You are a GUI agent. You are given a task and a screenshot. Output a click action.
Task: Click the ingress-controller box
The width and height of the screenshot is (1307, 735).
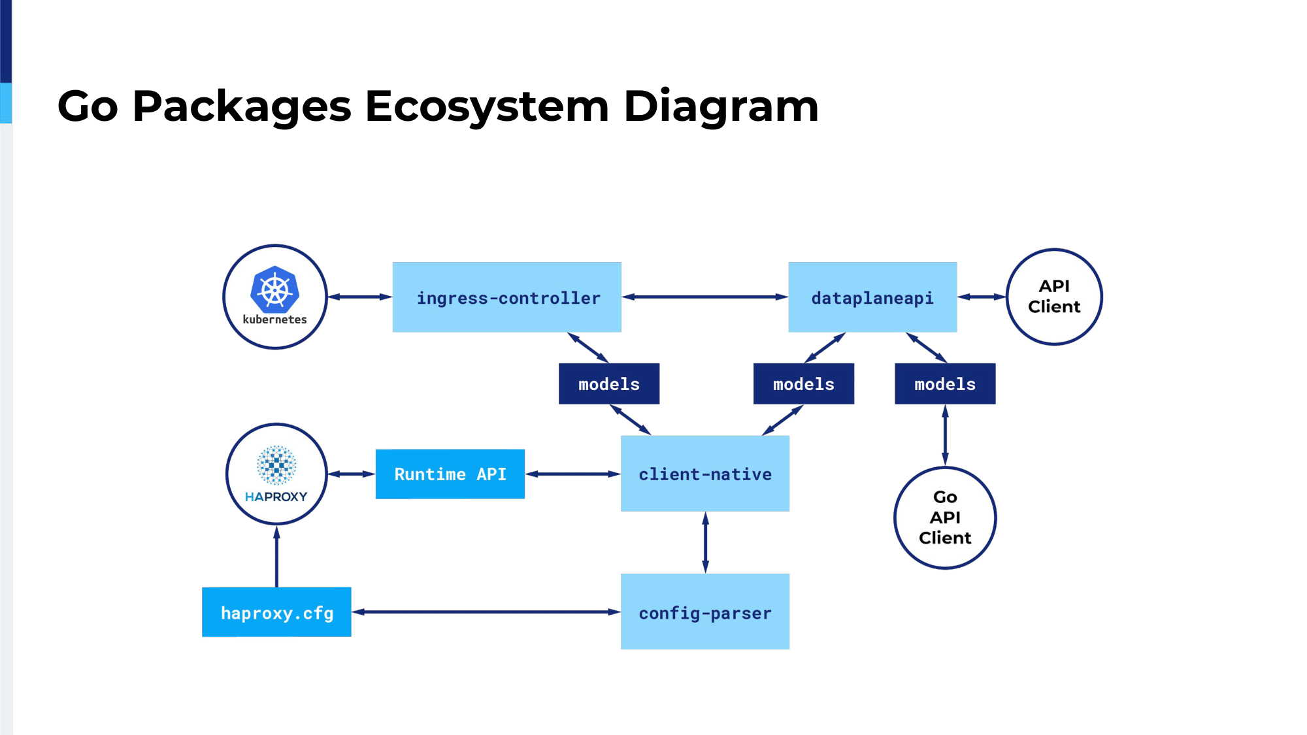pos(506,297)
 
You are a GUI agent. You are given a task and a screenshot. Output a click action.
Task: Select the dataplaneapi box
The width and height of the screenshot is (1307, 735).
pos(872,297)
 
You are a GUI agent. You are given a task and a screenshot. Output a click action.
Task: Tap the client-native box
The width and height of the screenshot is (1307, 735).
pos(705,474)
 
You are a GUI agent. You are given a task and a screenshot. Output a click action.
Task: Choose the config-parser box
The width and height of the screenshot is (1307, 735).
pos(705,612)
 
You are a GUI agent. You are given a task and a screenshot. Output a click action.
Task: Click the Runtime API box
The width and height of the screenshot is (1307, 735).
pos(450,474)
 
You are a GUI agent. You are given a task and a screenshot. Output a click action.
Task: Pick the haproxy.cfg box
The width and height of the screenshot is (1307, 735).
pos(276,612)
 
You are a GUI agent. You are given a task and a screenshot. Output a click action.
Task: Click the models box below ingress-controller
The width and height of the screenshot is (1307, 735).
pos(609,384)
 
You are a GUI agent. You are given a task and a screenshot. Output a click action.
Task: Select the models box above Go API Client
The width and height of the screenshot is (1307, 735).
pos(945,384)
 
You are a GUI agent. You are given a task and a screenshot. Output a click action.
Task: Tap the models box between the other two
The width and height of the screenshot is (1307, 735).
pos(804,384)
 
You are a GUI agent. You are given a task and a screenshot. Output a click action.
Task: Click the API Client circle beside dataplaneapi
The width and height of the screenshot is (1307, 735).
pos(1054,297)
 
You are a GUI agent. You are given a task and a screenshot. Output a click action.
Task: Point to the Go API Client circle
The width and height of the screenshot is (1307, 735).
pos(945,518)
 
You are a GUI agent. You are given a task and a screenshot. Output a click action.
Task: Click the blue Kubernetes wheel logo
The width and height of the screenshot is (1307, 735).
pos(275,289)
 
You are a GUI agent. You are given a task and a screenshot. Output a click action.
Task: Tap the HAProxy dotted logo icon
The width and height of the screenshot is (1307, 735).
pos(276,465)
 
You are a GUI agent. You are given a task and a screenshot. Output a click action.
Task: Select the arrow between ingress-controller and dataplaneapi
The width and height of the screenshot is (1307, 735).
pos(705,297)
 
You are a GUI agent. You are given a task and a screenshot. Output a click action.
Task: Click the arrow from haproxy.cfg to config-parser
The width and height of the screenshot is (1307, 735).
pos(486,612)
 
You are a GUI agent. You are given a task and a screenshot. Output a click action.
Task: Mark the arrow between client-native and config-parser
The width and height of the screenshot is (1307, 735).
pos(705,542)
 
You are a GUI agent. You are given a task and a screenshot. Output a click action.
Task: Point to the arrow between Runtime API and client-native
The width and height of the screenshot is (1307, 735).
pos(573,474)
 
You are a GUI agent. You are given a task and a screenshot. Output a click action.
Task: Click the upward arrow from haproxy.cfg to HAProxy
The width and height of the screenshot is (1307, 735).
pos(276,556)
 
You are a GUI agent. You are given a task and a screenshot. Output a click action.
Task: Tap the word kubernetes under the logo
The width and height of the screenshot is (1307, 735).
pos(274,319)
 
